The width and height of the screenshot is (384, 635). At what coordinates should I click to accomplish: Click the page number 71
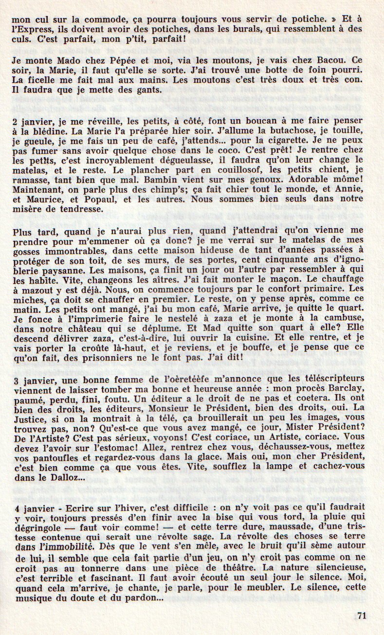[361, 615]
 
